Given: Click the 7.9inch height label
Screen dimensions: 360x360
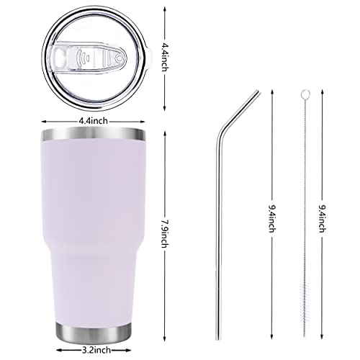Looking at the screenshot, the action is coord(165,234).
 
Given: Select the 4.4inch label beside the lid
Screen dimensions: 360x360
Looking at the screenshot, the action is coord(165,57).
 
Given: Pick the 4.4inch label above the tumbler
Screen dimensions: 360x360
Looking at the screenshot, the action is coord(94,121).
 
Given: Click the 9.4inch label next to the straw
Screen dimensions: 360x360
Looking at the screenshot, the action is coord(272,218).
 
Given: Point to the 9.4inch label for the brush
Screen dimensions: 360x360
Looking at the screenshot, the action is coord(323,218).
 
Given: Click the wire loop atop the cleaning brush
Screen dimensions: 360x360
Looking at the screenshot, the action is coord(305,94).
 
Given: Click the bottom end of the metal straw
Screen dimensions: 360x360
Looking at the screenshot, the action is coord(217,339).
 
